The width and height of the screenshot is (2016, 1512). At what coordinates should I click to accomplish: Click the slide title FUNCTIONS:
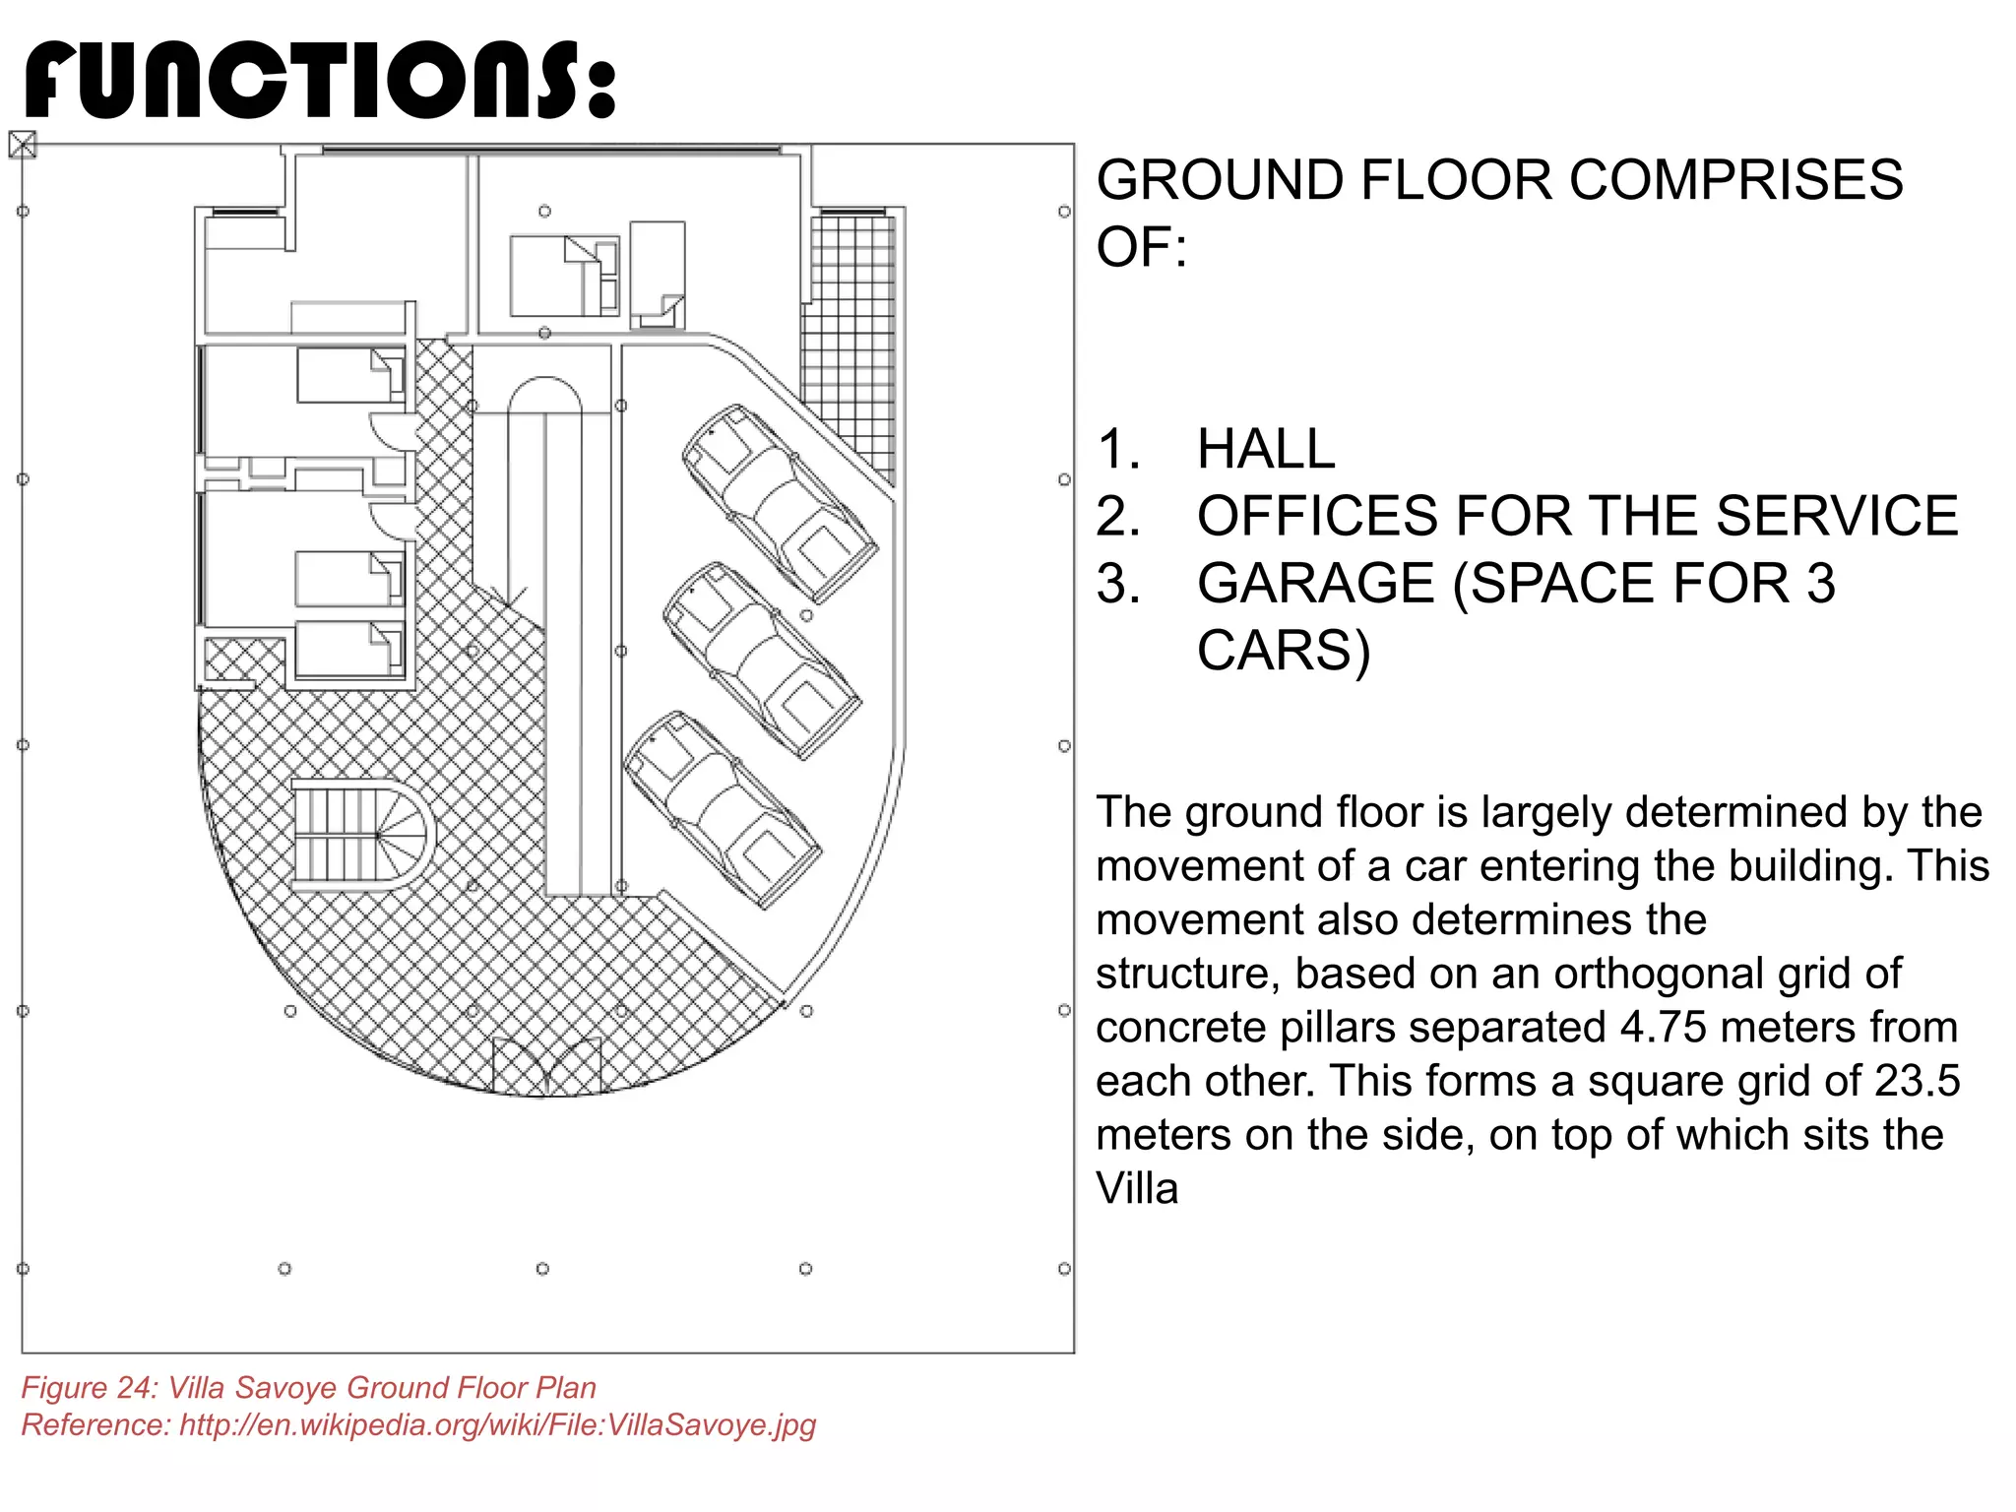click(x=320, y=81)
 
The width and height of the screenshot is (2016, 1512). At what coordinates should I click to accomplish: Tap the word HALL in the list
click(x=1266, y=449)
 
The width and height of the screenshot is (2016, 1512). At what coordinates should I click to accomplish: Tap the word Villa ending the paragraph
click(x=1137, y=1189)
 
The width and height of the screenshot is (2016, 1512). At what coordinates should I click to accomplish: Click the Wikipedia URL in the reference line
click(x=497, y=1425)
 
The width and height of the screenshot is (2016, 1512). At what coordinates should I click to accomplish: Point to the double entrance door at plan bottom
click(x=546, y=1068)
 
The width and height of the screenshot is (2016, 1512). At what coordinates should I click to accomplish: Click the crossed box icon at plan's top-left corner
click(x=23, y=145)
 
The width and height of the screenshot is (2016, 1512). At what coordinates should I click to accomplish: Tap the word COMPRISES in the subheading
click(x=1735, y=180)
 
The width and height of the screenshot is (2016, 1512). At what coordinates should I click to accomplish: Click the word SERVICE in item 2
click(x=1837, y=516)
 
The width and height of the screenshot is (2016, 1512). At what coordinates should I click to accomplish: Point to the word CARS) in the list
click(x=1283, y=650)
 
